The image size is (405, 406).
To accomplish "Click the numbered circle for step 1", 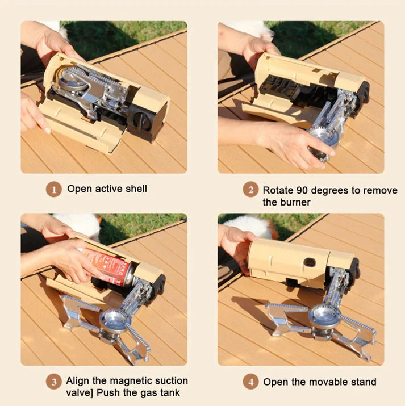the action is click(54, 189).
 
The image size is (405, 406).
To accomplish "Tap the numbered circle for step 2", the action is click(250, 189).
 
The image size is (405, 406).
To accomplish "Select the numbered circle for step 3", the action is click(54, 382).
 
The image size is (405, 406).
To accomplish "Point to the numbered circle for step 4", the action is click(250, 382).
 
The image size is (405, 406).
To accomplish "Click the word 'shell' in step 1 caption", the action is click(136, 189).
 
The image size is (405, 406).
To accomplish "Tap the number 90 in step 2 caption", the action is click(302, 190).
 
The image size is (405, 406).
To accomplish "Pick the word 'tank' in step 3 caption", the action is click(170, 392).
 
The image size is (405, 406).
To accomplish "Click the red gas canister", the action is click(108, 266).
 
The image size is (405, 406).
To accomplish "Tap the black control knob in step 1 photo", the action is click(141, 120).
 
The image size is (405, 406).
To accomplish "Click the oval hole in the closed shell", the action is click(310, 262).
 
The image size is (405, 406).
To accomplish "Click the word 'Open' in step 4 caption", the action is click(275, 383).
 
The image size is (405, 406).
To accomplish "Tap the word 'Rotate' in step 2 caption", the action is click(278, 190).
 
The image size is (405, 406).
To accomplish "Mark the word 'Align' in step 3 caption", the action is click(78, 381).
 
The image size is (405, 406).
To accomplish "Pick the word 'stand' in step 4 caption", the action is click(364, 382).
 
